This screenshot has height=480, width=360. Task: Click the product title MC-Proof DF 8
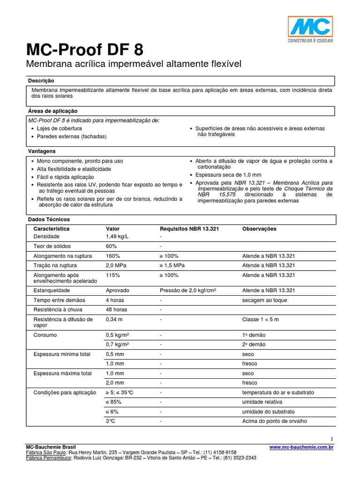85,50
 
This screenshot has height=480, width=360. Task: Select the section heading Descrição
41,81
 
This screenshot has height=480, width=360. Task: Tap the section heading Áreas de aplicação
52,111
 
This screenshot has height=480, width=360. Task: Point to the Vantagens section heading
42,151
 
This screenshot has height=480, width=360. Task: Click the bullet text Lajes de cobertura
60,128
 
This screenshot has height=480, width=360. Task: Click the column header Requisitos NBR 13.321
189,229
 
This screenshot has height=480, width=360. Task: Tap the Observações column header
259,229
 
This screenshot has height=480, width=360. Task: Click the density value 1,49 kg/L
118,237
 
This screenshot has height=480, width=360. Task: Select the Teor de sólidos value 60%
111,247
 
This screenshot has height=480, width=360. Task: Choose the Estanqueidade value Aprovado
118,291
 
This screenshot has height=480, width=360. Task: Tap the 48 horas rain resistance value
116,310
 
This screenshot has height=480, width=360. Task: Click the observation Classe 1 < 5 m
260,319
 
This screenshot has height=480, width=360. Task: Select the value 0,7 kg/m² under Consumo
118,345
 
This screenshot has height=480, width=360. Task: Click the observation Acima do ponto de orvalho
274,421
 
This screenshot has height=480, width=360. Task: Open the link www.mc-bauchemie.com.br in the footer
301,448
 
